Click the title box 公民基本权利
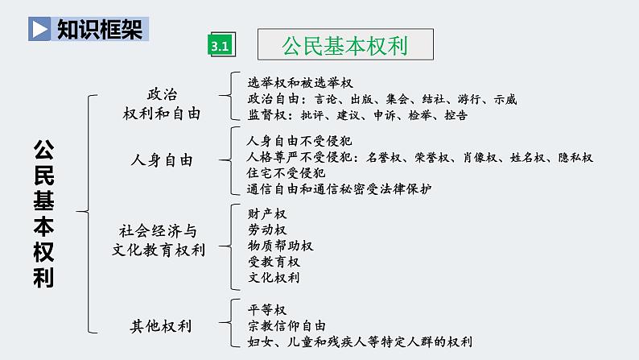(344, 45)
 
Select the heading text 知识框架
(101, 30)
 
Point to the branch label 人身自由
(162, 160)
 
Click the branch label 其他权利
(161, 326)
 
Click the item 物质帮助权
(280, 246)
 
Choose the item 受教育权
(274, 262)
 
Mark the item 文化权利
(274, 278)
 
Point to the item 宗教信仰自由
(287, 326)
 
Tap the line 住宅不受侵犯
(287, 173)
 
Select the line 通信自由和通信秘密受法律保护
(340, 189)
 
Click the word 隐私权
(575, 157)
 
